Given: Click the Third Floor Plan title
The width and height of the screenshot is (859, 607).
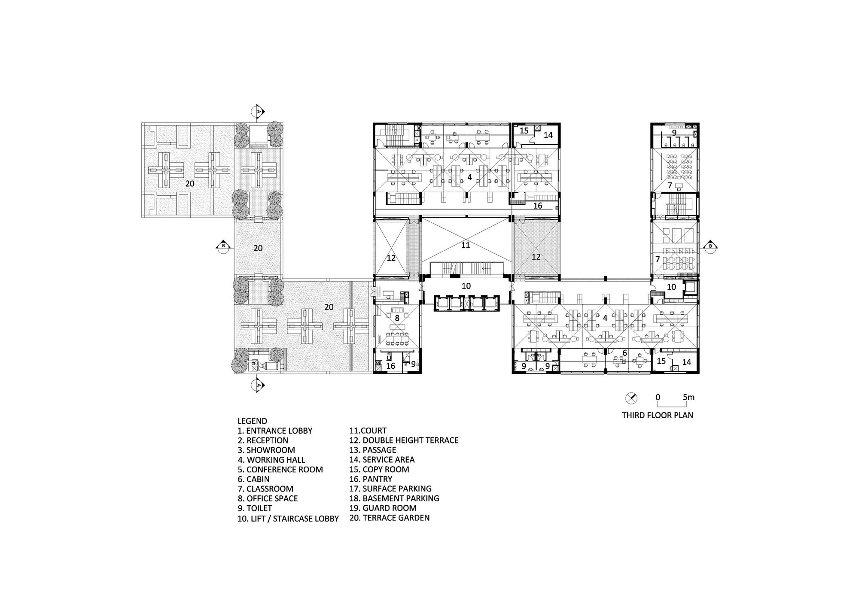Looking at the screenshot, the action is coord(658,415).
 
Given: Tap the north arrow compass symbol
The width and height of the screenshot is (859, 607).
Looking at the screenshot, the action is coord(631,398).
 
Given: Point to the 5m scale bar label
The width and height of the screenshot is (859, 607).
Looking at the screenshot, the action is coord(688,397).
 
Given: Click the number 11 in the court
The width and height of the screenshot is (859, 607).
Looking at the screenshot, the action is coord(466,245).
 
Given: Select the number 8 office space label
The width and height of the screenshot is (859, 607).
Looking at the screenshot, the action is coord(397,318).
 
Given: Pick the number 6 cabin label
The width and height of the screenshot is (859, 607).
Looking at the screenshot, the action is coord(624,353).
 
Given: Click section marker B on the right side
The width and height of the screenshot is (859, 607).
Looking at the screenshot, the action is coord(710,246).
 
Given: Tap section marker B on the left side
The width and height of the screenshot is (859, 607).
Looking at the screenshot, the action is coord(223,246).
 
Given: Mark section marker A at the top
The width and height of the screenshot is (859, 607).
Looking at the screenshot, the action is coord(259,111).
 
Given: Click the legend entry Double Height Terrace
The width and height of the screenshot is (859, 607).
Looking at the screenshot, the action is coord(404,440).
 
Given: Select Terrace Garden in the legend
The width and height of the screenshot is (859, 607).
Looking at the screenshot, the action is coord(390,518).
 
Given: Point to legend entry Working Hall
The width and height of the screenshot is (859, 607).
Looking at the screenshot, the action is coord(271,460).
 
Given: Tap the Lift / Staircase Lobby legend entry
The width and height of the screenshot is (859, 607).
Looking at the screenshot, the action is coord(288,519).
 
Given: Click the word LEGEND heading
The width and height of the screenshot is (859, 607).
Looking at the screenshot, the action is coord(252,421).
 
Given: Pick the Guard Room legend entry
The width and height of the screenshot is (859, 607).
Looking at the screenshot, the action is coord(383,508).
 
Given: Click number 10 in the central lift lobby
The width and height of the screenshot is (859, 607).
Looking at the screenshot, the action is coord(466,286).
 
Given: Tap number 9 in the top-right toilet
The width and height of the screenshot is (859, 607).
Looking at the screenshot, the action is coord(674,133).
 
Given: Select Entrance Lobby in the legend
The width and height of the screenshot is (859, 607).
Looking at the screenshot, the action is coord(275,431).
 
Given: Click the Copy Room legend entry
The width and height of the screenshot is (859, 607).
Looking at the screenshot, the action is coord(379,470).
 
